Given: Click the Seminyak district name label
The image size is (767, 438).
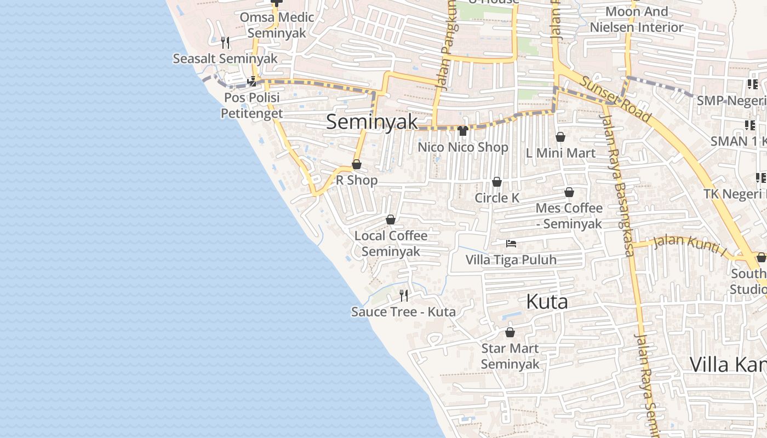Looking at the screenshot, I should [x=372, y=122].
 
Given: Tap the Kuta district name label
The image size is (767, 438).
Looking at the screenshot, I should [x=547, y=302].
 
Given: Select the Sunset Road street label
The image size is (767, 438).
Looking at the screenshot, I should [x=615, y=99].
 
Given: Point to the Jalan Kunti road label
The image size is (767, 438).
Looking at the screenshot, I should [x=689, y=244].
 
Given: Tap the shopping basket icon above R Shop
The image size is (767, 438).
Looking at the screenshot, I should [x=357, y=164].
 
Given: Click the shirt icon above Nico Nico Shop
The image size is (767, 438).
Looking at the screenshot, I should [x=463, y=131].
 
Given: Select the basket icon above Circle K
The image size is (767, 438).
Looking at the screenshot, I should [x=497, y=182].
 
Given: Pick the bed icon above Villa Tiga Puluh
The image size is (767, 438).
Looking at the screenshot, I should [x=511, y=244].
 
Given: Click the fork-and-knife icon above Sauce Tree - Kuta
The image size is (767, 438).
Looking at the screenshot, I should [x=404, y=296].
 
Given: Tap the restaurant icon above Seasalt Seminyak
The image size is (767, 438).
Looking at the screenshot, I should [x=225, y=42].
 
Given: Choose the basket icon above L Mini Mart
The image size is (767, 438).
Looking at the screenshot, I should [x=560, y=137].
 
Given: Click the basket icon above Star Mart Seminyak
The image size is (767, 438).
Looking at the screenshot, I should [x=510, y=332].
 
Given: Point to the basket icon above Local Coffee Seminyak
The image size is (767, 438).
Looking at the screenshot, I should [x=391, y=220].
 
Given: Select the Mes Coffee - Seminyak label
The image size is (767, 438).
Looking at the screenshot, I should [x=569, y=216].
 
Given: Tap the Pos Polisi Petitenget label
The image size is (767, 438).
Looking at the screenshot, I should [x=251, y=105].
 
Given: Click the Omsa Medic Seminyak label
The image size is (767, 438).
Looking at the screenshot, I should [x=277, y=25].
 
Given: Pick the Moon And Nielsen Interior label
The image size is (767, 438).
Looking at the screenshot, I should [x=637, y=19].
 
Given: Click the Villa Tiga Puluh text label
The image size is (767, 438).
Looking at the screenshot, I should [x=511, y=260].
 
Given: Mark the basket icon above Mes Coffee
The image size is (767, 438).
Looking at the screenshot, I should [x=569, y=192].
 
